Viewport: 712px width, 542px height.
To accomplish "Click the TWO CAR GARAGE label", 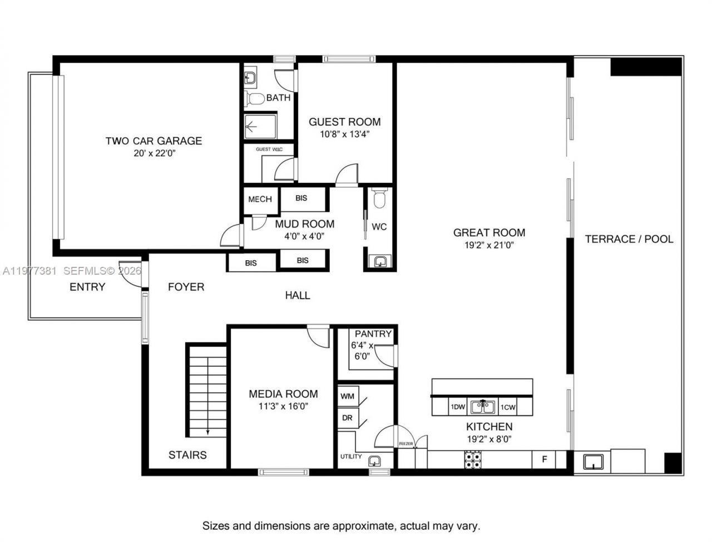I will pyautogui.click(x=154, y=141).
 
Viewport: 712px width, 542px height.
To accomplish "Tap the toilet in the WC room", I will pyautogui.click(x=380, y=198).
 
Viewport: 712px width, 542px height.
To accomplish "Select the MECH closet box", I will pyautogui.click(x=260, y=199).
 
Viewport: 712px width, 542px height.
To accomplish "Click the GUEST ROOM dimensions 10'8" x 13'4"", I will pyautogui.click(x=345, y=134).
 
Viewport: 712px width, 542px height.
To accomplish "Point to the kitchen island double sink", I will pyautogui.click(x=483, y=407).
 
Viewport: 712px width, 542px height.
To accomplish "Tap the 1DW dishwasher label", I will pyautogui.click(x=457, y=407).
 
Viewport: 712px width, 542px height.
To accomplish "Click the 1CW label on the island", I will pyautogui.click(x=508, y=407).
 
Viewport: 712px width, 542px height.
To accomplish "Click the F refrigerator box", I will pyautogui.click(x=545, y=459).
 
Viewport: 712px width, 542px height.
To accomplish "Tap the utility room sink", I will pyautogui.click(x=375, y=460).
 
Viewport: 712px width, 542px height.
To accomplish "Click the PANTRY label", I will pyautogui.click(x=373, y=334).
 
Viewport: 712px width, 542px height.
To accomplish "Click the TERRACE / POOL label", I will pyautogui.click(x=629, y=239).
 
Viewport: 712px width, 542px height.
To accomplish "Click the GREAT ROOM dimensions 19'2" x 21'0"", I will pyautogui.click(x=489, y=245).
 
